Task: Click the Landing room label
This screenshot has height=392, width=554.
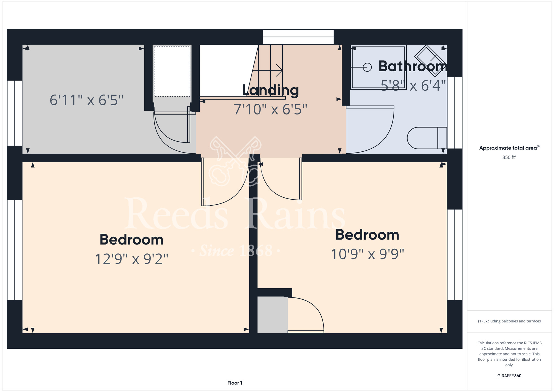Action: [x=270, y=90]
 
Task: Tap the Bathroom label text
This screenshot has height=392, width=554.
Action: [x=412, y=66]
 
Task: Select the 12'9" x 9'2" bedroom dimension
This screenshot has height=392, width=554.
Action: [x=132, y=259]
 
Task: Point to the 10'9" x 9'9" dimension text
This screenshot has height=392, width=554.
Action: [x=368, y=254]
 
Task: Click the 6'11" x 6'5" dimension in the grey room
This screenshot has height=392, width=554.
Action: [x=86, y=100]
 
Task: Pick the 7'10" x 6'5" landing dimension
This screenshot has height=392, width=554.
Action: [x=270, y=109]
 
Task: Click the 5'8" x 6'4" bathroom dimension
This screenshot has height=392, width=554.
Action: [x=413, y=86]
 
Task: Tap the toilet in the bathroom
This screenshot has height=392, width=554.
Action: [x=427, y=138]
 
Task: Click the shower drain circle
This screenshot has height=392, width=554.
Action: [x=367, y=67]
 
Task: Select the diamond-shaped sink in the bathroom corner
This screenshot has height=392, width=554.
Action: [x=431, y=61]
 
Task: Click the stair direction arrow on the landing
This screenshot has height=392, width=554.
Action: [x=267, y=70]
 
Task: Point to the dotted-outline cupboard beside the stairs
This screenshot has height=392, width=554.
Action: [x=172, y=71]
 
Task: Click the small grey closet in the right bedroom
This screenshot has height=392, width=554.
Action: [x=273, y=315]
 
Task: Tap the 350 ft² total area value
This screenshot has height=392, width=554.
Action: [x=509, y=157]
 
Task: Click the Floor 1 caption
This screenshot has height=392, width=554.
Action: [x=235, y=383]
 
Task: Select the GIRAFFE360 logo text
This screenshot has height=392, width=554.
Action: [x=509, y=376]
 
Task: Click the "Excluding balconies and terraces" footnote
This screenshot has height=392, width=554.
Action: [x=509, y=321]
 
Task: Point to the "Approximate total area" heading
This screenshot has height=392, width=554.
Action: [x=509, y=148]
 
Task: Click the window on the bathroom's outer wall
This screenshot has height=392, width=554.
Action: [x=455, y=113]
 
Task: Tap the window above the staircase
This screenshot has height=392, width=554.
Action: [x=298, y=37]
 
